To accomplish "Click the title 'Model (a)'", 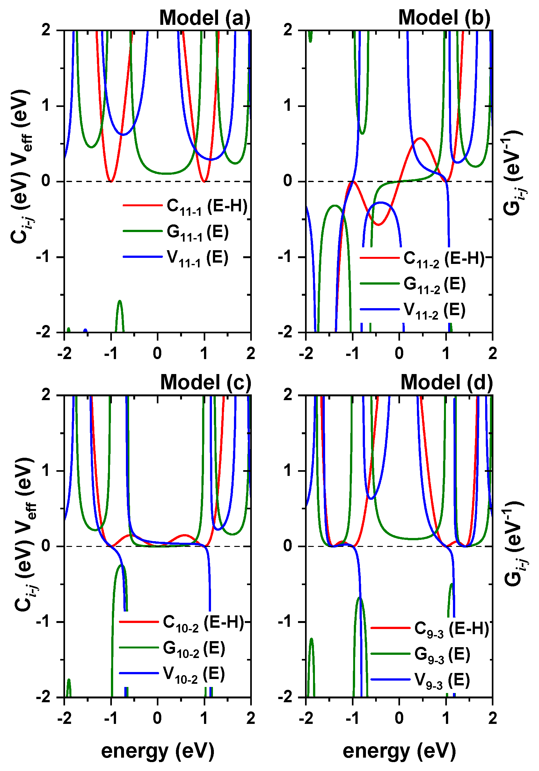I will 204,18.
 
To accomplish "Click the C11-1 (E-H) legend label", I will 207,206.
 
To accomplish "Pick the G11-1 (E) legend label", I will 197,232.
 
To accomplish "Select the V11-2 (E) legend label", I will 434,310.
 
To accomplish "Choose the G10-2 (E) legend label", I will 194,648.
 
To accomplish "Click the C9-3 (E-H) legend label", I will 451,628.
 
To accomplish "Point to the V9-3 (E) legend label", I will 442,680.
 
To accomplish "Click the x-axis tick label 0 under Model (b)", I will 399,354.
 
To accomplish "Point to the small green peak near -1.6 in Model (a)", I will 120,301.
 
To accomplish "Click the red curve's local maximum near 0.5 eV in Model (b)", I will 420,138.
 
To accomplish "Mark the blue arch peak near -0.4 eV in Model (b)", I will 381,202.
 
